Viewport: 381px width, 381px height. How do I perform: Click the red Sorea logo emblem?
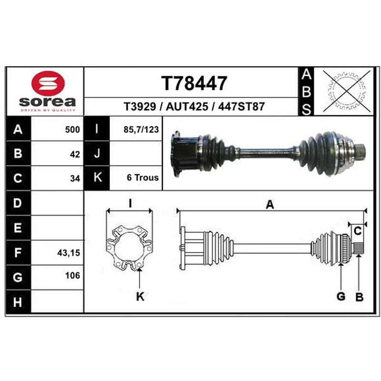[x=48, y=83]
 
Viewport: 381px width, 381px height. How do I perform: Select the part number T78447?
[x=194, y=83]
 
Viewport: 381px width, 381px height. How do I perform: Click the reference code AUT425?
[x=187, y=107]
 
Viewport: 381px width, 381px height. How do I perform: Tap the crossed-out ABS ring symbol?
[x=347, y=91]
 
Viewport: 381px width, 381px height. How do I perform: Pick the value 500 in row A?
[x=72, y=130]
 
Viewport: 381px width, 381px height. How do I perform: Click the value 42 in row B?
[x=75, y=154]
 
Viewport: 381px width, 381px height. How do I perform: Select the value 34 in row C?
[x=75, y=179]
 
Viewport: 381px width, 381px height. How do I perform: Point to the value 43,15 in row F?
[x=69, y=253]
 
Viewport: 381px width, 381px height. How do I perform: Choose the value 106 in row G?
[x=72, y=276]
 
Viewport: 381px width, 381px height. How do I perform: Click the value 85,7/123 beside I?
[x=141, y=130]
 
